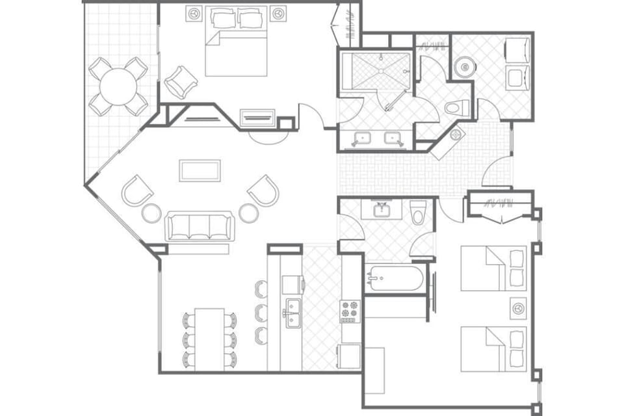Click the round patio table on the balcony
118,86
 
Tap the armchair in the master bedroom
180,81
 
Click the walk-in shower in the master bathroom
376,73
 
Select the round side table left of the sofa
151,213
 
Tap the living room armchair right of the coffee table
263,190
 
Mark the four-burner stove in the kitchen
349,311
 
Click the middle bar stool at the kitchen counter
261,312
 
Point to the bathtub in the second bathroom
395,279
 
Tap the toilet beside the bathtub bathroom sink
418,213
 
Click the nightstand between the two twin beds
518,307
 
